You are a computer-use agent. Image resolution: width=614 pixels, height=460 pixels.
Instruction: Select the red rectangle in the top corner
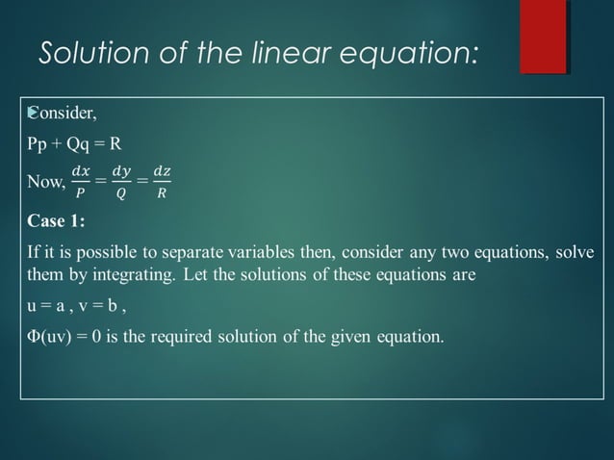pyautogui.click(x=543, y=37)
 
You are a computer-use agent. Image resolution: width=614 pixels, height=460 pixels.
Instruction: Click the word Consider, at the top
pyautogui.click(x=63, y=115)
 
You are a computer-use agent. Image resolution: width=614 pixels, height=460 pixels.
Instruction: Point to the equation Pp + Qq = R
pyautogui.click(x=74, y=145)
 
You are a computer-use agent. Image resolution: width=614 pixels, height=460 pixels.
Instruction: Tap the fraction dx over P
pyautogui.click(x=81, y=181)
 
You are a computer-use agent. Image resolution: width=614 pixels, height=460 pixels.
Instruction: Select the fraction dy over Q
pyautogui.click(x=121, y=181)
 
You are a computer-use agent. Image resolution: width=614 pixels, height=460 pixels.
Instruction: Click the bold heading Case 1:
pyautogui.click(x=56, y=220)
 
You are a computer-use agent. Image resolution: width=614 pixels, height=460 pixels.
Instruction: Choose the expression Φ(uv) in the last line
pyautogui.click(x=49, y=338)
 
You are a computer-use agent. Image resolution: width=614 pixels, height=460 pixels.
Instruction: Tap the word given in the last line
pyautogui.click(x=358, y=338)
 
